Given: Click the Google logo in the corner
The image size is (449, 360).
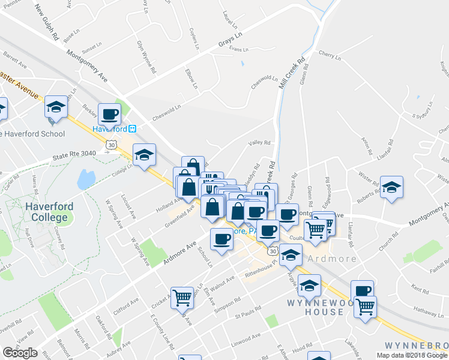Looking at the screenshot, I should pos(20,353).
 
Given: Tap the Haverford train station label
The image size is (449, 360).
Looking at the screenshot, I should pos(114,129).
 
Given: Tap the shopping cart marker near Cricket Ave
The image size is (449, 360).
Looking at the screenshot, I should pos(182,296).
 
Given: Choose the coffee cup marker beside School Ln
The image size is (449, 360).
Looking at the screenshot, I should pos(221,239).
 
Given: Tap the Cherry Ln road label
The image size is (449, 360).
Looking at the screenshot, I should pos(330,56).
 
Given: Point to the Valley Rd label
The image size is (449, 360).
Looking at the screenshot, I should pos(260,143).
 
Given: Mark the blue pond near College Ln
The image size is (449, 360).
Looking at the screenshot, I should pos(86,178).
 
